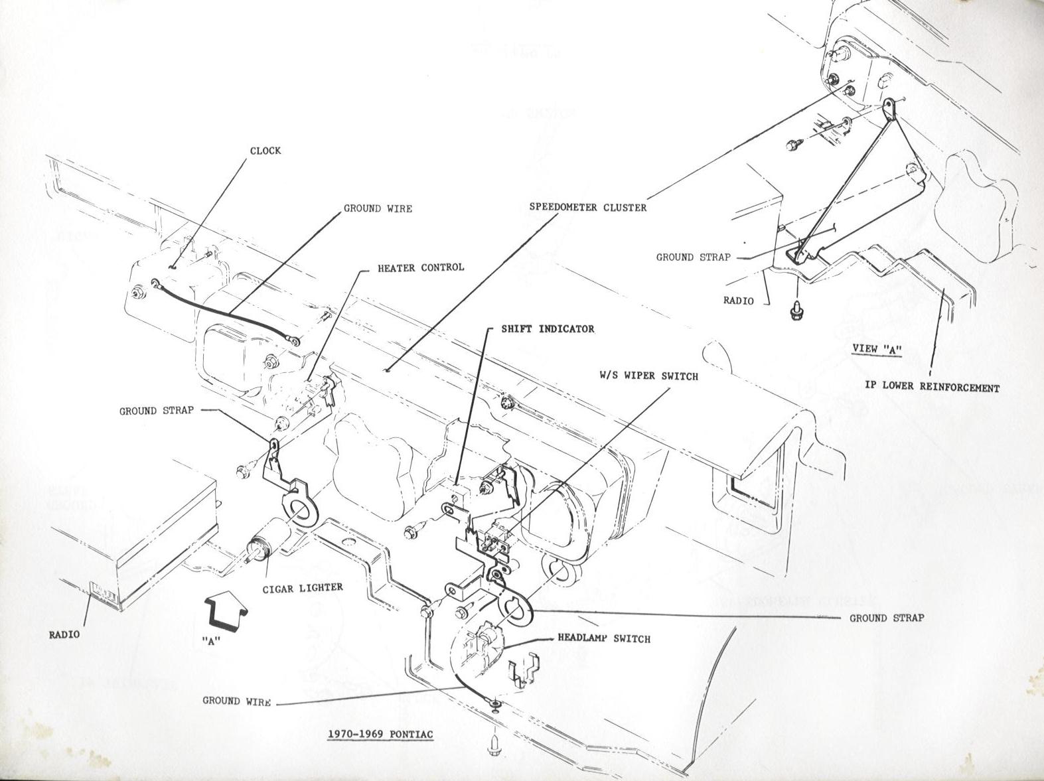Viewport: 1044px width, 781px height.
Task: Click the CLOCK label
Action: pyautogui.click(x=265, y=151)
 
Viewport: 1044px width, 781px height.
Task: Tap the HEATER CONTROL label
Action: pyautogui.click(x=421, y=268)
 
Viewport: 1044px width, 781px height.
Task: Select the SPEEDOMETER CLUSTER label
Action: pyautogui.click(x=587, y=207)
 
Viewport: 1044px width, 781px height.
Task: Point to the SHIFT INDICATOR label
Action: pyautogui.click(x=548, y=329)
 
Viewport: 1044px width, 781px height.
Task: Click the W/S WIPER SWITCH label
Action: pyautogui.click(x=648, y=376)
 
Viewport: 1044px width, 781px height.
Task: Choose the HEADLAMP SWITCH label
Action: pyautogui.click(x=603, y=639)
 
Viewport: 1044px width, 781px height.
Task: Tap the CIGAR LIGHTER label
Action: pyautogui.click(x=311, y=587)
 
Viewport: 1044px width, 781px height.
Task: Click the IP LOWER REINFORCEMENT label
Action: pyautogui.click(x=932, y=387)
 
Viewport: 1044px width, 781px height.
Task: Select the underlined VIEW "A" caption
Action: pyautogui.click(x=877, y=349)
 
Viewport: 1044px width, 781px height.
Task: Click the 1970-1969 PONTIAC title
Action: pyautogui.click(x=380, y=735)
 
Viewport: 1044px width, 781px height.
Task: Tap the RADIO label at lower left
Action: pyautogui.click(x=64, y=634)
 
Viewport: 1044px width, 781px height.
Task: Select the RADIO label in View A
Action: pyautogui.click(x=739, y=301)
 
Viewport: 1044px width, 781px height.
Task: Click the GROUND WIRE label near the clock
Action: pyautogui.click(x=378, y=209)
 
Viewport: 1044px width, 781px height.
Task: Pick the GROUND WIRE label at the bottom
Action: pyautogui.click(x=236, y=701)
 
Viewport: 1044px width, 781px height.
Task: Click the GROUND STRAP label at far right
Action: pyautogui.click(x=887, y=618)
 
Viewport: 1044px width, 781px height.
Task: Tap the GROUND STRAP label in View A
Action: pyautogui.click(x=693, y=257)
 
